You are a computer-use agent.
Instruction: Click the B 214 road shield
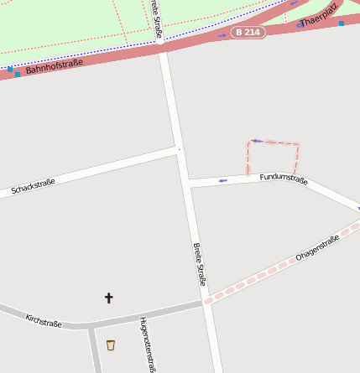pos(248,32)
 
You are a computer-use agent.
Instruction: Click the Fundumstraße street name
pos(284,178)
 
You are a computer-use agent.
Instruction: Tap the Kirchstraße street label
pos(44,320)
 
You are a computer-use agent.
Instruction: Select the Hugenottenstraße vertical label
pos(148,344)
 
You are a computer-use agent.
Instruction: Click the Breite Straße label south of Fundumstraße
pos(200,264)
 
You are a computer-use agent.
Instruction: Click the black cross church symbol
pos(108,298)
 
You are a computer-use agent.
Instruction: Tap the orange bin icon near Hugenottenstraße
pos(111,345)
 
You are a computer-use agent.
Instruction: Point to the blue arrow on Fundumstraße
pos(222,180)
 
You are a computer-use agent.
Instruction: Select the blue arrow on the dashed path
pos(258,141)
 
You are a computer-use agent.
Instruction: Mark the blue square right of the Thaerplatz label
pos(342,23)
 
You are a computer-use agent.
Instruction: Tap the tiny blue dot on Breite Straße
pos(179,149)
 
